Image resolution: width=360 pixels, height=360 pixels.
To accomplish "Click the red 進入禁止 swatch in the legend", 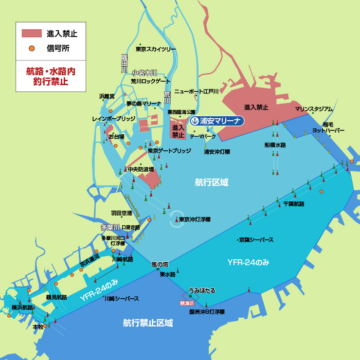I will pos(31,34).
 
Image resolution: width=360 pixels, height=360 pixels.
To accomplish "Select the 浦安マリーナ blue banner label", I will pos(217,121).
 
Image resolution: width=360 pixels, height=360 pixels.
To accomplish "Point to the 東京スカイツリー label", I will pos(155,49).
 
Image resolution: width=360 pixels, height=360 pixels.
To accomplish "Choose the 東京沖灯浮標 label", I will pos(194,220).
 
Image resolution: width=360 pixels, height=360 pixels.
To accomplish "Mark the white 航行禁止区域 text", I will pos(148,323).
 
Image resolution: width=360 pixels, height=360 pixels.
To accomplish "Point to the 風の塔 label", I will pos(160,264).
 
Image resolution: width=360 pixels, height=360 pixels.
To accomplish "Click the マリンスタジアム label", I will pos(314,109).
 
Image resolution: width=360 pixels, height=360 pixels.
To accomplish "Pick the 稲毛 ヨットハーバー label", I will pos(328,127).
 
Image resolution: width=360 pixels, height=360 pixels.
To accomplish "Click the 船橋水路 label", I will pos(275,145).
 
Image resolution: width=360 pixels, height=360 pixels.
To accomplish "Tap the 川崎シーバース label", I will pos(122,298).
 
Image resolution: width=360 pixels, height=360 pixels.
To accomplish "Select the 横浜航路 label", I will pos(22,307).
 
